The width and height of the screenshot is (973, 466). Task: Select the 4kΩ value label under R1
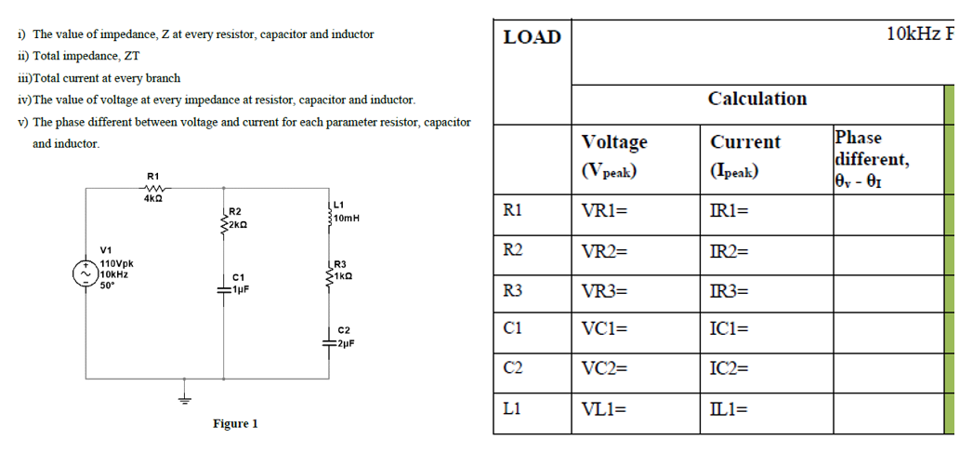click(153, 197)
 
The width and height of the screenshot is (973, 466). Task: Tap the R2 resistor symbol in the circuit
click(224, 220)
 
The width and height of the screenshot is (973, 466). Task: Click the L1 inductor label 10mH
click(346, 218)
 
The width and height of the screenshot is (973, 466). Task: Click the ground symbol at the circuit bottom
click(184, 395)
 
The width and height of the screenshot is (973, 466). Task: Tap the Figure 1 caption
click(235, 423)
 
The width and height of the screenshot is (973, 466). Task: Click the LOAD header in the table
click(532, 37)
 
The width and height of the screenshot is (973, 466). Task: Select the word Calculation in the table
click(756, 99)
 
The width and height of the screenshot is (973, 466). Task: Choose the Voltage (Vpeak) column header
click(613, 155)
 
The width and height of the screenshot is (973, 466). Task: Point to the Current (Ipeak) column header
click(745, 155)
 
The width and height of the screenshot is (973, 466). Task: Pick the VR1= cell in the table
click(604, 210)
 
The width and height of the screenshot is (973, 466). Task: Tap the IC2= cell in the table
click(730, 367)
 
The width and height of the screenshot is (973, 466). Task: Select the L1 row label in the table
click(510, 406)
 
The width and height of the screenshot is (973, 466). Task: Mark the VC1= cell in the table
click(605, 328)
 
